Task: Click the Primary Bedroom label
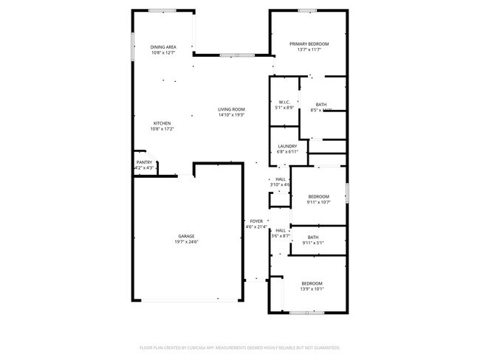coord(308,44)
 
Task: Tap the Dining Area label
coord(163,46)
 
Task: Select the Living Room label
coord(231,109)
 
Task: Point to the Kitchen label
coord(162,123)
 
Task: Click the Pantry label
coord(144,162)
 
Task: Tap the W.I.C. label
coord(284,102)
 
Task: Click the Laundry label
coord(287,146)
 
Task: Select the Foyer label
coord(256,221)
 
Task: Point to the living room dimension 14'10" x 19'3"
coord(231,115)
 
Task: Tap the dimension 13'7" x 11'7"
coord(308,50)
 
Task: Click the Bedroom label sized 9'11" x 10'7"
coord(318,196)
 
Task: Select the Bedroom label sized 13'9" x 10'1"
coord(312,283)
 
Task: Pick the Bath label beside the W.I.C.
coord(321,105)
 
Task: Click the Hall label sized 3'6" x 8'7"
coord(281,230)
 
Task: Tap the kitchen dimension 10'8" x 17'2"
coord(162,129)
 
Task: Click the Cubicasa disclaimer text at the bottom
coord(239,347)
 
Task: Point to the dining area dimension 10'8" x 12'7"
coord(163,52)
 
